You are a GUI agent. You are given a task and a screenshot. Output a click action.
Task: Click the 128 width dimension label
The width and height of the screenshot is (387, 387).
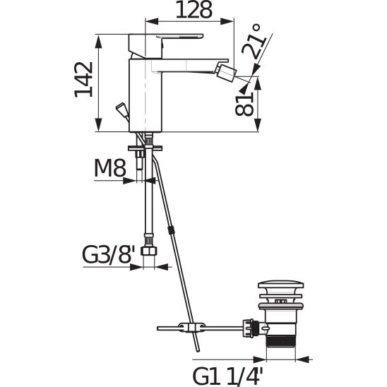point(194,10)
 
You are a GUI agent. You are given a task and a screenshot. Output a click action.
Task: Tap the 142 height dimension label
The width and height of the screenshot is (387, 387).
point(84,80)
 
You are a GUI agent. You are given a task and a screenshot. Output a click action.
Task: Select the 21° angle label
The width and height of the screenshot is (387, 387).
point(254,42)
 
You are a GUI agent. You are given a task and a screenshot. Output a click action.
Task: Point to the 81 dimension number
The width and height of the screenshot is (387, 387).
point(244,105)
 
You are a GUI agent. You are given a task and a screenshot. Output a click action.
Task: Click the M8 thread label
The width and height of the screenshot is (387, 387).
point(110,168)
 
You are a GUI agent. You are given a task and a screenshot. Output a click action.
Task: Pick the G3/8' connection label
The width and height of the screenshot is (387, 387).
point(109,255)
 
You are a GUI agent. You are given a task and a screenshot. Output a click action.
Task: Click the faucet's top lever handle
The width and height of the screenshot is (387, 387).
point(179,37)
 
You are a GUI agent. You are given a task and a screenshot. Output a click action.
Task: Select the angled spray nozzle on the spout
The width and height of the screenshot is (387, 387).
point(227,71)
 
